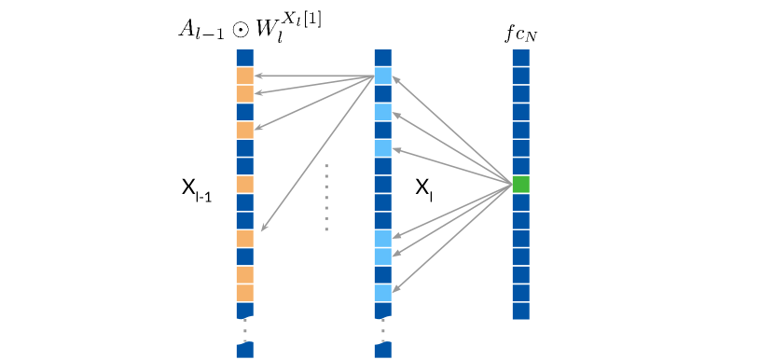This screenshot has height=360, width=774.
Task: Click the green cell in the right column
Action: point(520,185)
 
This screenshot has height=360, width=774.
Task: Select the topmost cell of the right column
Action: point(520,58)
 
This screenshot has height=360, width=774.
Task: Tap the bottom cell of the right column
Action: point(520,311)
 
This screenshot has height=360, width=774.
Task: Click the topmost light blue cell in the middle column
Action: point(382,76)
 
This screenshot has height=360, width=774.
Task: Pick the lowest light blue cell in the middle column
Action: point(382,293)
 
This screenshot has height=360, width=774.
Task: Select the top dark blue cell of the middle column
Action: point(382,58)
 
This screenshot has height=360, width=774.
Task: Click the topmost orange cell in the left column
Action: point(244,76)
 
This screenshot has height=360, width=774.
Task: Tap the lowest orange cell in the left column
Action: point(244,293)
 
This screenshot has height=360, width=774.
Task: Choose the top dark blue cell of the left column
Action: point(244,58)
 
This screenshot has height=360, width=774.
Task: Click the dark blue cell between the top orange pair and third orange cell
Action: point(244,112)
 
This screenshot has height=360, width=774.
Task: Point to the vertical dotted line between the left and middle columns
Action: point(326,197)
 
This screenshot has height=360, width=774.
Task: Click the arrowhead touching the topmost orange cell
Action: point(258,76)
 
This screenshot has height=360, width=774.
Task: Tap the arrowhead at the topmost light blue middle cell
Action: point(396,78)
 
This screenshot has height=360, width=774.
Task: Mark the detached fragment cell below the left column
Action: point(244,350)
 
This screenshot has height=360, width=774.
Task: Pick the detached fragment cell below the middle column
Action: point(382,350)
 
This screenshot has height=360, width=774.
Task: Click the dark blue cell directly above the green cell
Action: point(520,166)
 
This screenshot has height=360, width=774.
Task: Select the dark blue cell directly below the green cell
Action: point(520,202)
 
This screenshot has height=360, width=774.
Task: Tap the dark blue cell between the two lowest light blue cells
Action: point(382,274)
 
